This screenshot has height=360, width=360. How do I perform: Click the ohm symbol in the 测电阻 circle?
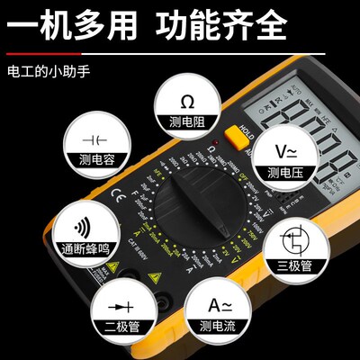tap(188, 100)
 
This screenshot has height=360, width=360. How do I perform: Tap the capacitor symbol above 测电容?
tap(94, 140)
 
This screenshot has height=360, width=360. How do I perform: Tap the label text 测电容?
tap(94, 160)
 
